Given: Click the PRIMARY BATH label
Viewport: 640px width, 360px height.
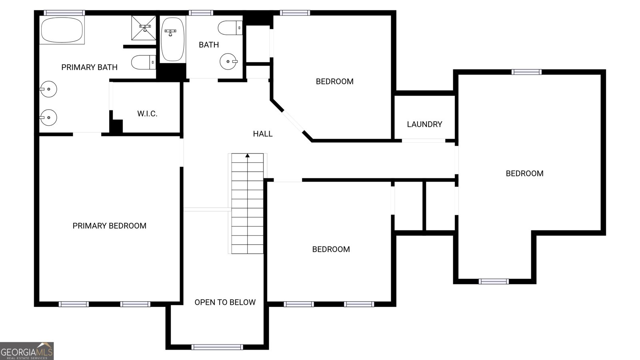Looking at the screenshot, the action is pyautogui.click(x=90, y=68).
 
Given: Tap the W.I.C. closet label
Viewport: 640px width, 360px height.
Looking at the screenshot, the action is pyautogui.click(x=147, y=114).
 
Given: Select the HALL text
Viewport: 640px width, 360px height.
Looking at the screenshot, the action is pyautogui.click(x=262, y=134).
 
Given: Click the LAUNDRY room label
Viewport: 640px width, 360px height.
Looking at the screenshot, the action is pyautogui.click(x=424, y=124).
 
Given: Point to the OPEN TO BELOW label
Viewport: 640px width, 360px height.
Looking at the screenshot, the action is pyautogui.click(x=225, y=302).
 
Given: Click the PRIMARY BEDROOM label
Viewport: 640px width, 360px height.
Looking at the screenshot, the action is pyautogui.click(x=110, y=226).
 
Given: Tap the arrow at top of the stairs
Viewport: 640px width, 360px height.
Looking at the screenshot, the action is pyautogui.click(x=248, y=156).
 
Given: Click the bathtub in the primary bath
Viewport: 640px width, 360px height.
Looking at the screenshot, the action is pyautogui.click(x=62, y=30).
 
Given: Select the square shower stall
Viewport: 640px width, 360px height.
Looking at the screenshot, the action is pyautogui.click(x=144, y=28).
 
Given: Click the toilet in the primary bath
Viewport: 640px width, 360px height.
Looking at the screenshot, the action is pyautogui.click(x=144, y=62).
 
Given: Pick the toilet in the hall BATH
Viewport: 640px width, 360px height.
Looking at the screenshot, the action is pyautogui.click(x=230, y=28).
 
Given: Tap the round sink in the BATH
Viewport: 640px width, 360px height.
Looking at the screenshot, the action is pyautogui.click(x=228, y=62).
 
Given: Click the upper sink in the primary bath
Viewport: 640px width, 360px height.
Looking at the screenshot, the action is pyautogui.click(x=48, y=89).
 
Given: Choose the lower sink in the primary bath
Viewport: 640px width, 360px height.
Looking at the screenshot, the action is pyautogui.click(x=48, y=118).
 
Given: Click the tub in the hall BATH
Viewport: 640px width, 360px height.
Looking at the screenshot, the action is pyautogui.click(x=172, y=39).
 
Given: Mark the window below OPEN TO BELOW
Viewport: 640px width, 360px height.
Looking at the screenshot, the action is pyautogui.click(x=217, y=347).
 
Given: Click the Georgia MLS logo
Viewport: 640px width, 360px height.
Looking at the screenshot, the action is pyautogui.click(x=27, y=351).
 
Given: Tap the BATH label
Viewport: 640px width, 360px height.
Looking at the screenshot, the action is pyautogui.click(x=209, y=45).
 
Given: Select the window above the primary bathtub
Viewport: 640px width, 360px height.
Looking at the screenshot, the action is pyautogui.click(x=64, y=13).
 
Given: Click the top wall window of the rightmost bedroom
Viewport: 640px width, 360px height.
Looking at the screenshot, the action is pyautogui.click(x=526, y=72).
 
